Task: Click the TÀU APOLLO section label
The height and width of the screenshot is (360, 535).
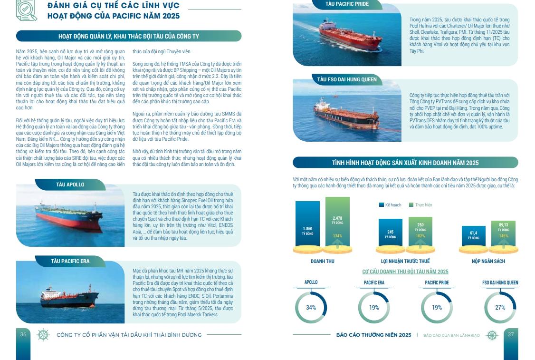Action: tap(70, 185)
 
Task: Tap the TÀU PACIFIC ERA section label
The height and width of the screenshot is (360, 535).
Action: tap(70, 261)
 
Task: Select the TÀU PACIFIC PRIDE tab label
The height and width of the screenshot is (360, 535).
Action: tap(347, 4)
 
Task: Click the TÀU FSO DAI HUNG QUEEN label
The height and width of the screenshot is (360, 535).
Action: tap(347, 79)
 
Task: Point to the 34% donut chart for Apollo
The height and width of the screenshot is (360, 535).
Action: tap(311, 308)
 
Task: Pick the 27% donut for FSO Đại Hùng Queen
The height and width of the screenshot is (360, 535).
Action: tap(500, 308)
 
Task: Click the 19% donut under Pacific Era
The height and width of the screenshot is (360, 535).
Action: tap(374, 308)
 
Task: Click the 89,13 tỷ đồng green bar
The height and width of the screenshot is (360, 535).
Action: tap(503, 234)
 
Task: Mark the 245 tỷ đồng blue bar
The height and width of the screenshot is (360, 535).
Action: tap(390, 233)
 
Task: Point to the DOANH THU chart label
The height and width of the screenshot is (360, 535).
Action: tap(322, 261)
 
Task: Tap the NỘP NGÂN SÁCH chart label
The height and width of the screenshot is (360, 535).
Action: tap(488, 261)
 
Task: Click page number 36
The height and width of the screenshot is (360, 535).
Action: tap(23, 335)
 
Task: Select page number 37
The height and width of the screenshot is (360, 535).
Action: tap(511, 335)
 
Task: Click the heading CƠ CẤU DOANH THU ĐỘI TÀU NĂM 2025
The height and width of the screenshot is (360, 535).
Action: tap(405, 272)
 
